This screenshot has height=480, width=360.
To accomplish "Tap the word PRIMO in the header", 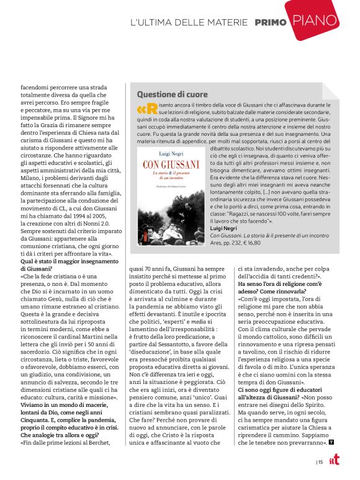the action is [x=270, y=23].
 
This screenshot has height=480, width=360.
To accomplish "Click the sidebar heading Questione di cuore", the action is [x=172, y=94].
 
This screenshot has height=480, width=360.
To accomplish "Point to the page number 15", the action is [x=320, y=461].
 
